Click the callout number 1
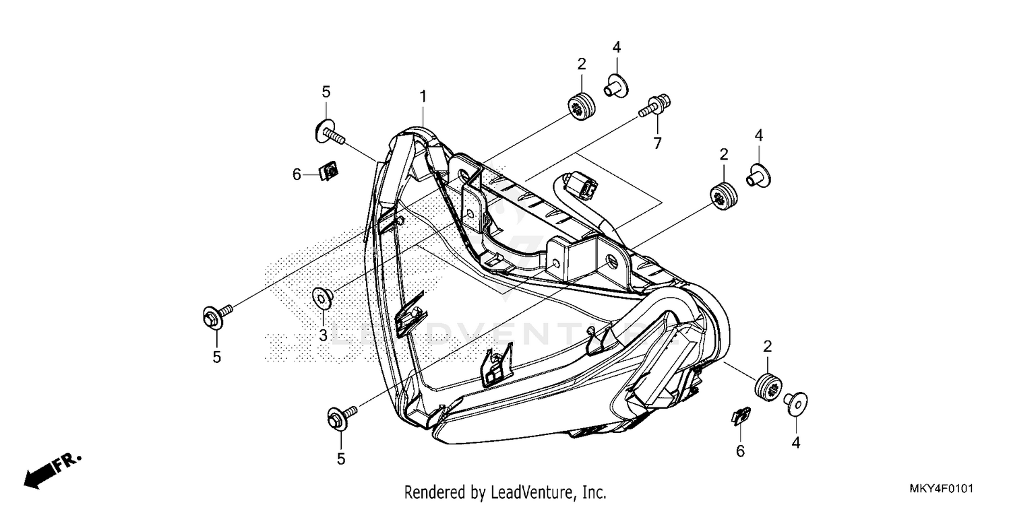(x=423, y=97)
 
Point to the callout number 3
(x=323, y=335)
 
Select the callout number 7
(x=656, y=143)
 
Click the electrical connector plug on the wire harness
(x=580, y=182)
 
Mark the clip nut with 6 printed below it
(x=741, y=417)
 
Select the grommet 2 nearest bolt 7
(x=581, y=106)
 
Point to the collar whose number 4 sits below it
(x=796, y=403)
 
